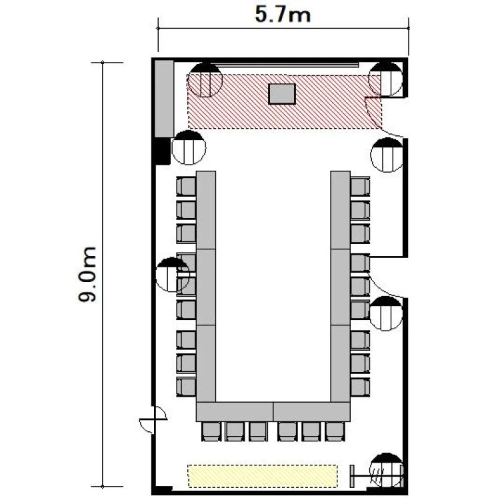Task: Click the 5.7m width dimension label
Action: [283, 15]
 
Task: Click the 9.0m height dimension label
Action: [87, 274]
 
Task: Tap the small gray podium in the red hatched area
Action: [282, 94]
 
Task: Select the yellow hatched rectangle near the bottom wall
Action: [263, 476]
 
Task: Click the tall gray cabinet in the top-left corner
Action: [164, 99]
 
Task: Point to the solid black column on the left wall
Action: [162, 151]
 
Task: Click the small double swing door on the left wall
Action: [153, 419]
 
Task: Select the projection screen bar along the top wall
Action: [285, 65]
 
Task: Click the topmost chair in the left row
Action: [186, 186]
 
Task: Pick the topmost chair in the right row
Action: [360, 186]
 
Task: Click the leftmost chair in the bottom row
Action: [211, 431]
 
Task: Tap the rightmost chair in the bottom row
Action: [335, 431]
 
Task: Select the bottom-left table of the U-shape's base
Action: [235, 412]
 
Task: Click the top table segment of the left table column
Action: [206, 210]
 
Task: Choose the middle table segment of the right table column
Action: [341, 287]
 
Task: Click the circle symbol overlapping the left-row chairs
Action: [173, 275]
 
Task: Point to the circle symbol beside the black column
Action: [189, 147]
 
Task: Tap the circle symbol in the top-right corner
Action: [385, 79]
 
